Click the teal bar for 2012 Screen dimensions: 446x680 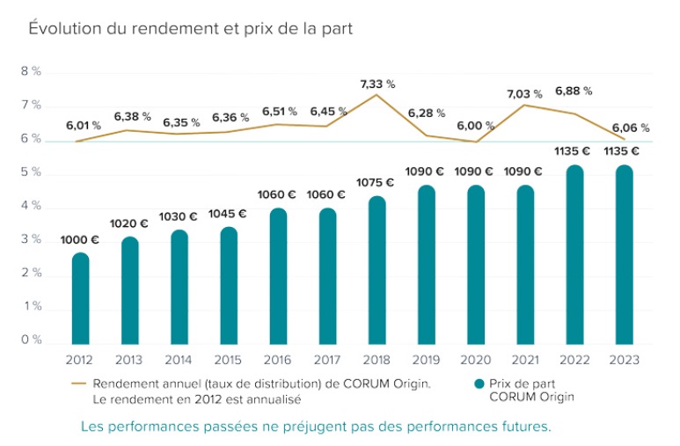[79, 299]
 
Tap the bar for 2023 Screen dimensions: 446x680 [624, 255]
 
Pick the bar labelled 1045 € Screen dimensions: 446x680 [228, 286]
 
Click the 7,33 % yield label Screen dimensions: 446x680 [377, 84]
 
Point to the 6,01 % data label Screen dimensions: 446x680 [84, 126]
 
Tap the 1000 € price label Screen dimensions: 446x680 [79, 239]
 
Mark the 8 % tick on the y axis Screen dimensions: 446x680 [31, 72]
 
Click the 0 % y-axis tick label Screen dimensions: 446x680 [31, 340]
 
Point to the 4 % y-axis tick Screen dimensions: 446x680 [31, 206]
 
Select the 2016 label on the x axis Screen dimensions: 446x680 [277, 360]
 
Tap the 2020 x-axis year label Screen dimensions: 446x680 [476, 360]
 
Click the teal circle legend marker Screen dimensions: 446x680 [479, 384]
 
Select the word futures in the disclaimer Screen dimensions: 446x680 [524, 427]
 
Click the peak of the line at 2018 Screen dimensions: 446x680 [377, 95]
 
